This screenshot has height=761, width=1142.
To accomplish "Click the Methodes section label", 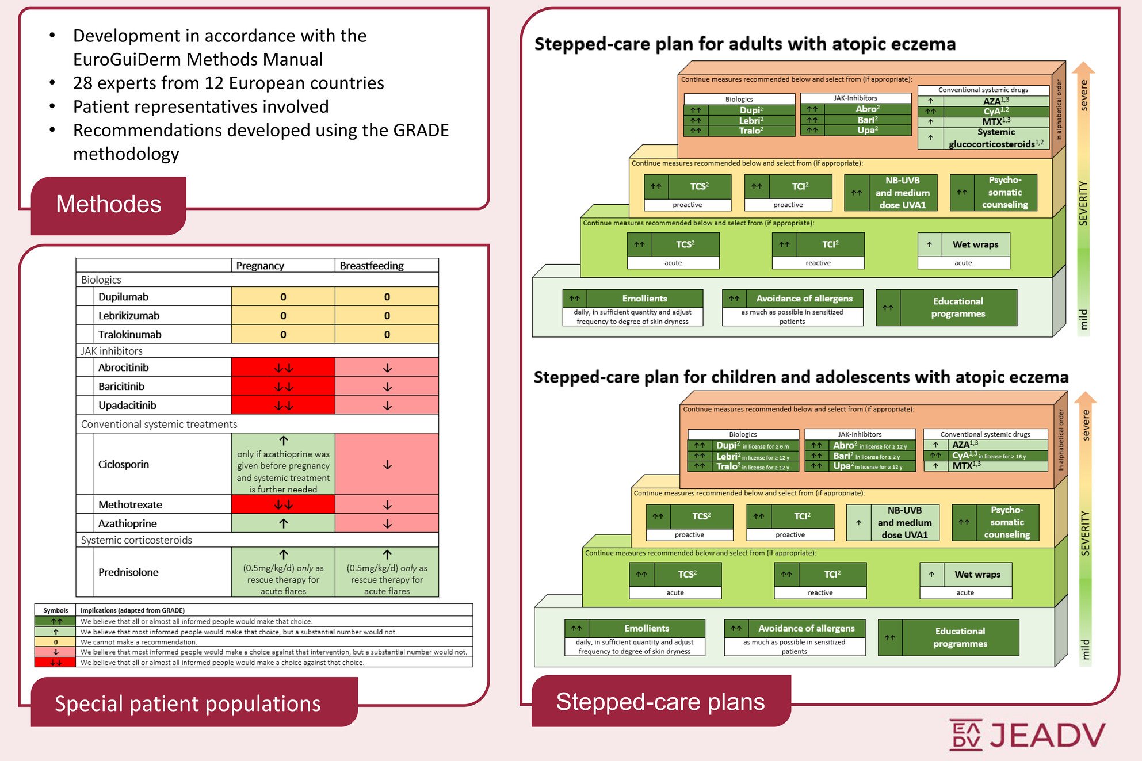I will pyautogui.click(x=108, y=205).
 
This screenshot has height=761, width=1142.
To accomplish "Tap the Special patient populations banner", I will pyautogui.click(x=188, y=703).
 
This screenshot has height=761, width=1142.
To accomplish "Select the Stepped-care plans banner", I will pyautogui.click(x=660, y=702).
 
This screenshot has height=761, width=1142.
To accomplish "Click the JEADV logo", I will pyautogui.click(x=1027, y=735).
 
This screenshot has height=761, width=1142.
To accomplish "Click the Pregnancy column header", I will pyautogui.click(x=260, y=266).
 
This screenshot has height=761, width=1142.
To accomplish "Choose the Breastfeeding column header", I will pyautogui.click(x=372, y=266).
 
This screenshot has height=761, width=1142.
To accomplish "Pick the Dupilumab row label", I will pyautogui.click(x=123, y=297).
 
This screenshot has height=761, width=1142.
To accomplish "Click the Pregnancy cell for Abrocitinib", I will pyautogui.click(x=283, y=368).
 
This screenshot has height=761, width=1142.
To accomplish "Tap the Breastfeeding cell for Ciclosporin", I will pyautogui.click(x=387, y=464).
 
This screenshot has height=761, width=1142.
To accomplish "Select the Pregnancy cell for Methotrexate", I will pyautogui.click(x=283, y=504).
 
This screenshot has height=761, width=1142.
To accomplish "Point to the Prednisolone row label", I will pyautogui.click(x=128, y=572).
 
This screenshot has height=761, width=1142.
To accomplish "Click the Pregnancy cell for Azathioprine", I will pyautogui.click(x=283, y=523).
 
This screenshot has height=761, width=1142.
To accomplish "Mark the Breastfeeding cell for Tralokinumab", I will pyautogui.click(x=387, y=335).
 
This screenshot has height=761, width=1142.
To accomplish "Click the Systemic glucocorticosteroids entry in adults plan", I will pyautogui.click(x=996, y=139).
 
